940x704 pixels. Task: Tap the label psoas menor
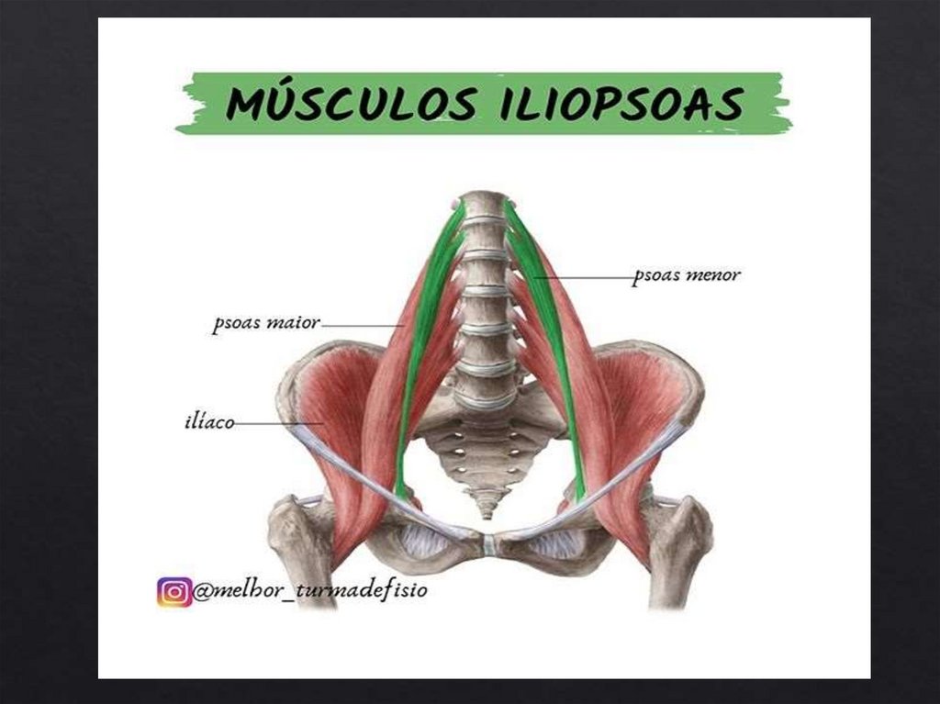tap(687, 274)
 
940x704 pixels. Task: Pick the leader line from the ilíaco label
tap(275, 423)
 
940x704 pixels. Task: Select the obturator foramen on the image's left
tap(424, 542)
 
